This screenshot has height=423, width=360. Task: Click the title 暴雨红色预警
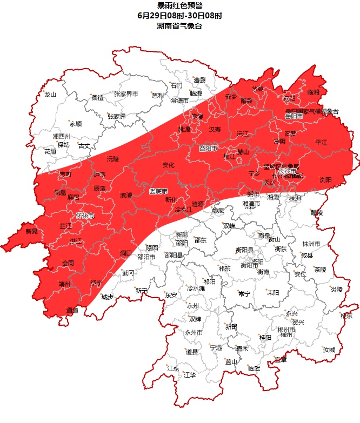[x=179, y=6]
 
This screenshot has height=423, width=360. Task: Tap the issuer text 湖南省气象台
[x=179, y=25]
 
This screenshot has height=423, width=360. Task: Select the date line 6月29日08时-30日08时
[x=179, y=16]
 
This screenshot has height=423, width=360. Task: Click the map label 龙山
[x=50, y=95]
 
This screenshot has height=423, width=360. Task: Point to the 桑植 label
[x=97, y=98]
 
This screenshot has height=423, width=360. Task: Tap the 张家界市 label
[x=125, y=94]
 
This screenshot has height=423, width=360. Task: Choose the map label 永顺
[x=75, y=124]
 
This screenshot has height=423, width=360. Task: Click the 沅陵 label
[x=112, y=159]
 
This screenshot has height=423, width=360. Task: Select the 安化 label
[x=168, y=165]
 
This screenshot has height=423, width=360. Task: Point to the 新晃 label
[x=32, y=231]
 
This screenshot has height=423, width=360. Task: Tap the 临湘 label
[x=314, y=92]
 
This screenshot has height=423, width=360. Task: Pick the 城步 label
[x=107, y=297]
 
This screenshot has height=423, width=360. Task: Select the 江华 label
[x=189, y=374]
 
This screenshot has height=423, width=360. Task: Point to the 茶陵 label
[x=320, y=269]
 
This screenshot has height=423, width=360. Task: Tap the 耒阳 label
[x=272, y=292]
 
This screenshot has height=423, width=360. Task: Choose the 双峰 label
[x=229, y=226]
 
